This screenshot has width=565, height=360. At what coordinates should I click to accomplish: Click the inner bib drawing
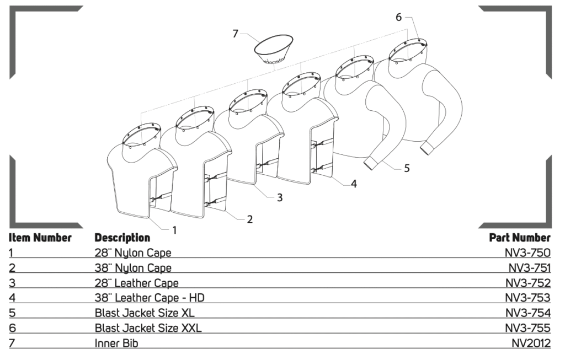tap(273, 50)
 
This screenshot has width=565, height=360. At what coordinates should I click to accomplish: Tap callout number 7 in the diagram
tap(236, 34)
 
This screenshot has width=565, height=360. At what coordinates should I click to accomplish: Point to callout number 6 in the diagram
tap(398, 17)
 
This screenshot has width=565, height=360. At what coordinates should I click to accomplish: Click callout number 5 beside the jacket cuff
tap(407, 169)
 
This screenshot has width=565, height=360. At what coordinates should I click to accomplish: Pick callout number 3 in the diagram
tap(280, 197)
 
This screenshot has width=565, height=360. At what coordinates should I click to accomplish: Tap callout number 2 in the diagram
tap(249, 219)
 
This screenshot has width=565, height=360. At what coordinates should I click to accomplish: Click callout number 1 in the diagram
tap(175, 230)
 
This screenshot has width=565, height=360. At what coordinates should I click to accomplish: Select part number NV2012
tap(531, 343)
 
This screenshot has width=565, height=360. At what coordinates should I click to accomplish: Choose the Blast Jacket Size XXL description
tap(148, 328)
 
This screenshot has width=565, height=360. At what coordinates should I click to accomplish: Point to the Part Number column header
tap(520, 238)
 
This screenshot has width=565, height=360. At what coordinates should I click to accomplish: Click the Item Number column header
tap(40, 238)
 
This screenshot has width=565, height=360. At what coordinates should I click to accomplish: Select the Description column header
tap(122, 238)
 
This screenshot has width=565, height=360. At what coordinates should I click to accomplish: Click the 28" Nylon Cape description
tap(132, 253)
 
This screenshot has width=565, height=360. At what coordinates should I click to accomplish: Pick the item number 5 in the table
tap(12, 313)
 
